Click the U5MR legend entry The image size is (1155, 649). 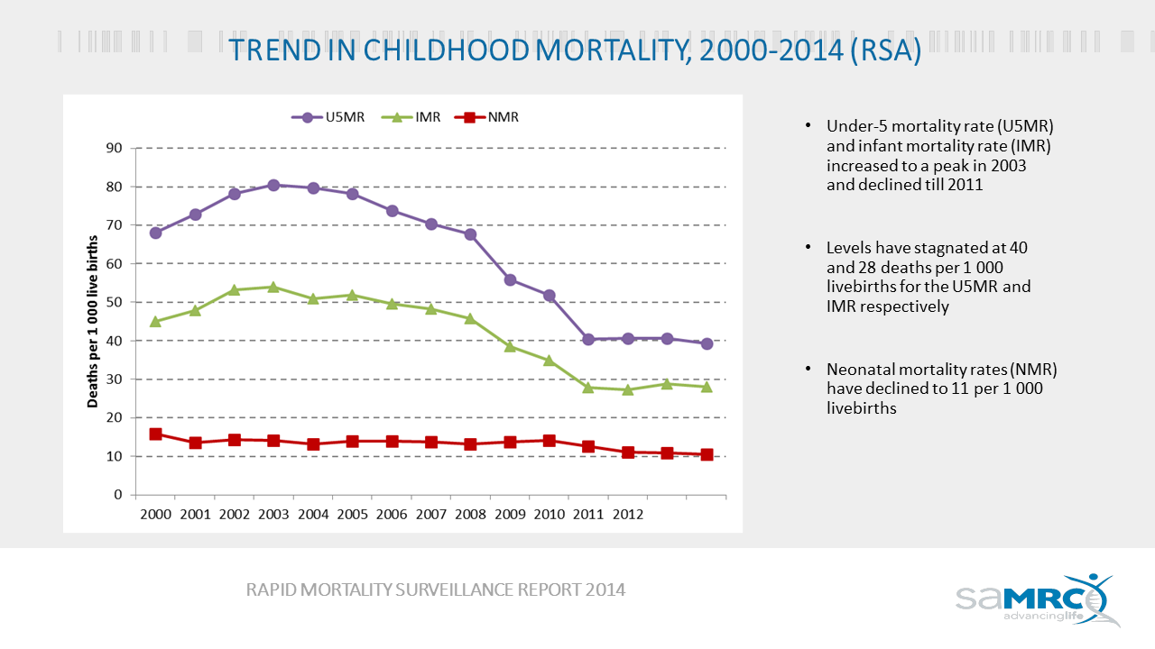point(328,117)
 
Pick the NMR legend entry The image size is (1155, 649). point(487,117)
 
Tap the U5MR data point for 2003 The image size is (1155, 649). point(273,185)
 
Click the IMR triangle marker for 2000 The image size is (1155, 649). point(155,321)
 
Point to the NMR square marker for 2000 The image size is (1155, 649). point(155,434)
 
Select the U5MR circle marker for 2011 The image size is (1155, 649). point(588,339)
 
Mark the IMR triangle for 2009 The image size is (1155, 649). point(510,346)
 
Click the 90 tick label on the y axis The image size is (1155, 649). point(114,148)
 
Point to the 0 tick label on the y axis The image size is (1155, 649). point(117,495)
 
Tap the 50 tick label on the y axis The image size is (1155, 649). point(114,302)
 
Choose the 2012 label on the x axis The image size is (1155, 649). point(628,515)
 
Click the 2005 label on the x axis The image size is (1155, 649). point(352,515)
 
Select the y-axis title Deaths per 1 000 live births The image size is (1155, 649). point(92,321)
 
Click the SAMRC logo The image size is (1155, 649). point(1038,599)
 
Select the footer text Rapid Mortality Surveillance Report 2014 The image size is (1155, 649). point(436,590)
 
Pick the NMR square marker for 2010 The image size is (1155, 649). point(549,441)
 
